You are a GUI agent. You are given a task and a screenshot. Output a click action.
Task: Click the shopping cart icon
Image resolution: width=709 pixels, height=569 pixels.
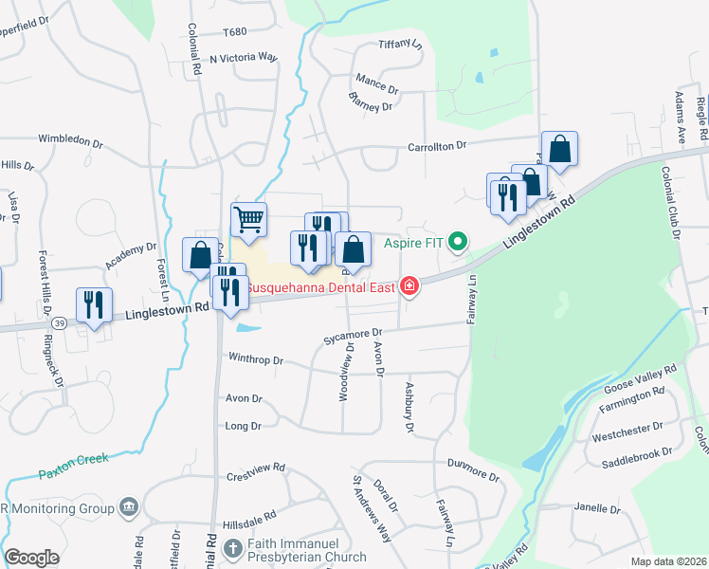(248, 220)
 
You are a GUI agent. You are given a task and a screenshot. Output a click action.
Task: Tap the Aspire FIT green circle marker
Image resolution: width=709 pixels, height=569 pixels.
(460, 243)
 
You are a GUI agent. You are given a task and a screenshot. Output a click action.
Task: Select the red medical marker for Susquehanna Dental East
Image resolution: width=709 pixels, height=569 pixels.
(409, 285)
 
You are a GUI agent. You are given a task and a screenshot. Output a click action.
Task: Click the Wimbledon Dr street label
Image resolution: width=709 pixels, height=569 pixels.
(71, 141)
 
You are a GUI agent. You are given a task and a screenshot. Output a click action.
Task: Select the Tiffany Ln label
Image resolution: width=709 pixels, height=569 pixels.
(399, 44)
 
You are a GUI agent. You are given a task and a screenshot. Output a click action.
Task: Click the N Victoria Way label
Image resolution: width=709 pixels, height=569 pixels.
(244, 58)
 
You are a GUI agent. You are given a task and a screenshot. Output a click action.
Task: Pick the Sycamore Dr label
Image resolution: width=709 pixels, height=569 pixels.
(351, 334)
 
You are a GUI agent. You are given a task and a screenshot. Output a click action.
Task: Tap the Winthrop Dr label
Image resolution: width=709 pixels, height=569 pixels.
(256, 360)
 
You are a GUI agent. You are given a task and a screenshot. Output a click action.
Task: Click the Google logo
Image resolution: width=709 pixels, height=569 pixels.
(32, 557)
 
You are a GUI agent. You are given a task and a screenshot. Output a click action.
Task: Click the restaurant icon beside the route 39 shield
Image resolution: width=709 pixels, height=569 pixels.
(94, 304)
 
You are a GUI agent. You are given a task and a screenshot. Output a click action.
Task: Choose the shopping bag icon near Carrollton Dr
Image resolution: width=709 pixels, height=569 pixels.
(560, 149)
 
